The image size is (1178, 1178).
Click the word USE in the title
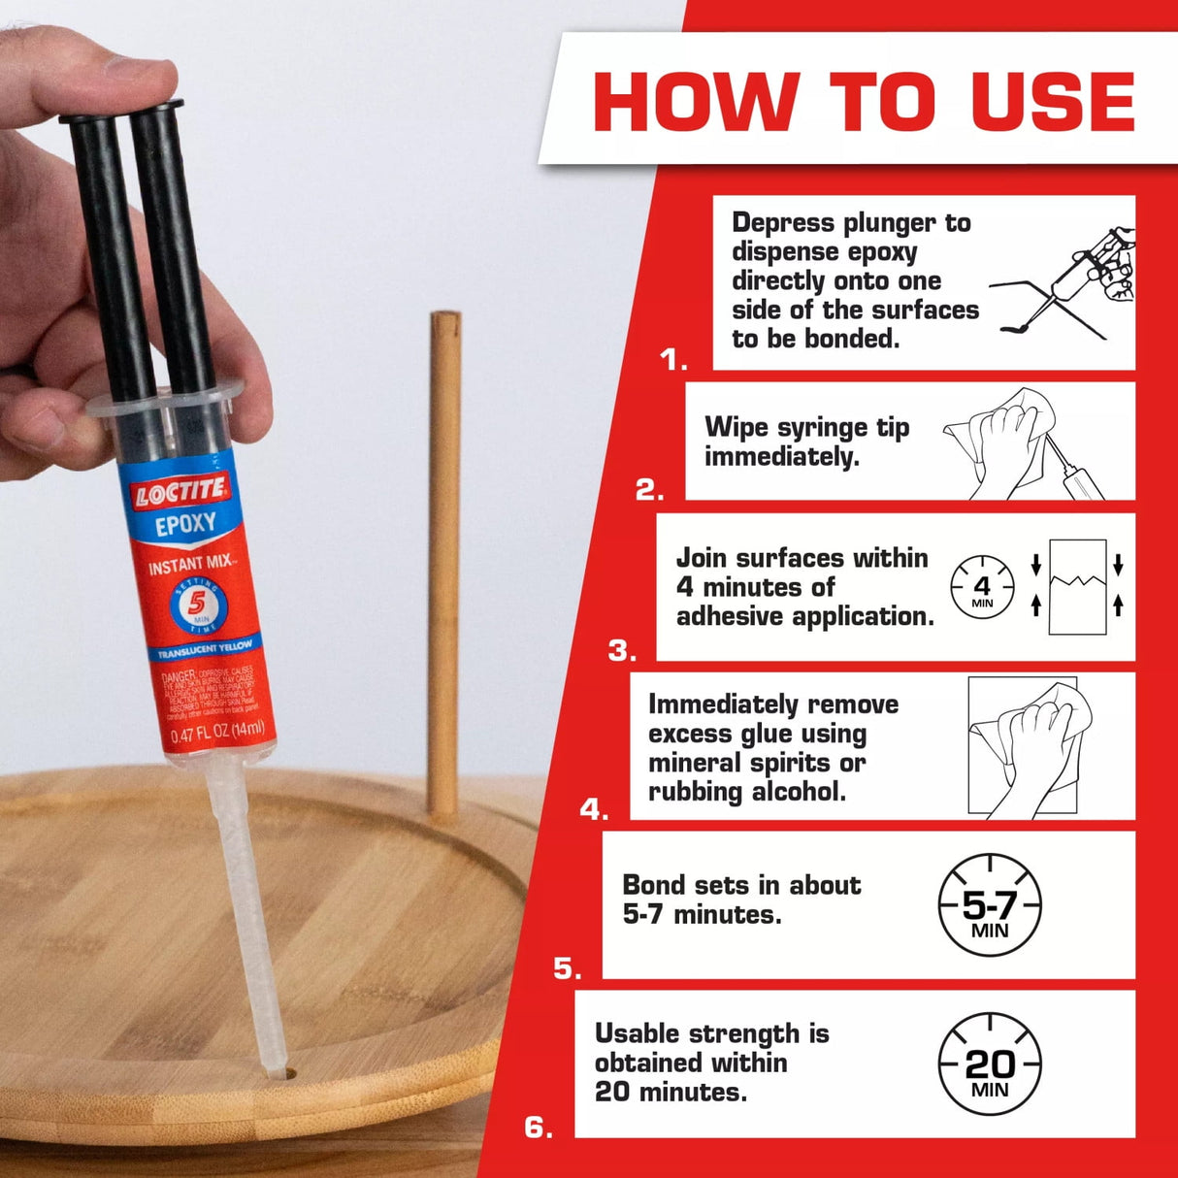pos(1052,101)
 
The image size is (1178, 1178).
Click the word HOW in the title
pos(696,101)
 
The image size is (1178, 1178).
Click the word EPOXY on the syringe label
pos(185,526)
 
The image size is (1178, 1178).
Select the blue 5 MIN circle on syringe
pos(198,605)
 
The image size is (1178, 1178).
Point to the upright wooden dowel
pos(444,563)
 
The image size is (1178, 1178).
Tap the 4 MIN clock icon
pos(982,588)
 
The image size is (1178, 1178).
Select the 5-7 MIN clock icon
pos(990,906)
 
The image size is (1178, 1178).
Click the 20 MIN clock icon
pos(990,1065)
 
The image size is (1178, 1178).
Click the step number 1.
pos(672,360)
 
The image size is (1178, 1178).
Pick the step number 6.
pos(539,1128)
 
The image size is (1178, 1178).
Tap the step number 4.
pos(594,809)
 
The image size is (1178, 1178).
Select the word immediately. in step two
pos(781,457)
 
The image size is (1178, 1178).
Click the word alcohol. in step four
pos(798,792)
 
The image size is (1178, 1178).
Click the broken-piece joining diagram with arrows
pos(1077,587)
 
